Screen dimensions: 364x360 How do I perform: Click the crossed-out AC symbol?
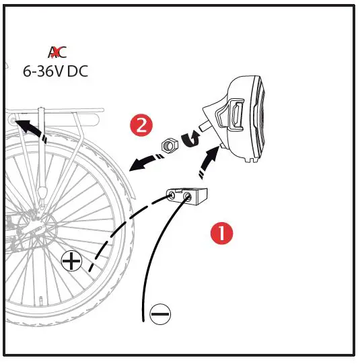tap(57, 52)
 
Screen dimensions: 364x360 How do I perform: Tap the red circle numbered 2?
tap(141, 125)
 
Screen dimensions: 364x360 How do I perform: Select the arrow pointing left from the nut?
tap(143, 161)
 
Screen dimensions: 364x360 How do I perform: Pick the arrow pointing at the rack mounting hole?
tap(30, 129)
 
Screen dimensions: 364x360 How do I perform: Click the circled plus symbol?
tap(71, 260)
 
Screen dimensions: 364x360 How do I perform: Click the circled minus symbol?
tap(160, 313)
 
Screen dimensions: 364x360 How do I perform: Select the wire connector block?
tap(190, 196)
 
